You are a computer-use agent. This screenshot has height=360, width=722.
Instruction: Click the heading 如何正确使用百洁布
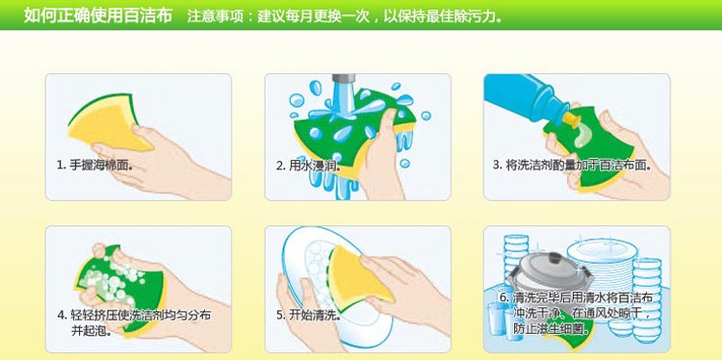[x=97, y=15]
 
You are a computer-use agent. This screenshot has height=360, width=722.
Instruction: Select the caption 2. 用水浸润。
[x=308, y=165]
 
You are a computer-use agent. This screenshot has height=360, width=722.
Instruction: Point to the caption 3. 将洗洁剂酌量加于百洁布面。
[x=572, y=166]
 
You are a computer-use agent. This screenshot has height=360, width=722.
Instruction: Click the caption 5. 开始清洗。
[x=308, y=316]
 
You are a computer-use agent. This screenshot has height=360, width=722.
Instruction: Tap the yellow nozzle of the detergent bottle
[x=570, y=119]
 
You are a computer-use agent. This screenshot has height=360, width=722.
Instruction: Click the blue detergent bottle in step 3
[x=525, y=95]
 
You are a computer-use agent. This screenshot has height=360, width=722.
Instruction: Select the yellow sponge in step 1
[x=107, y=123]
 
